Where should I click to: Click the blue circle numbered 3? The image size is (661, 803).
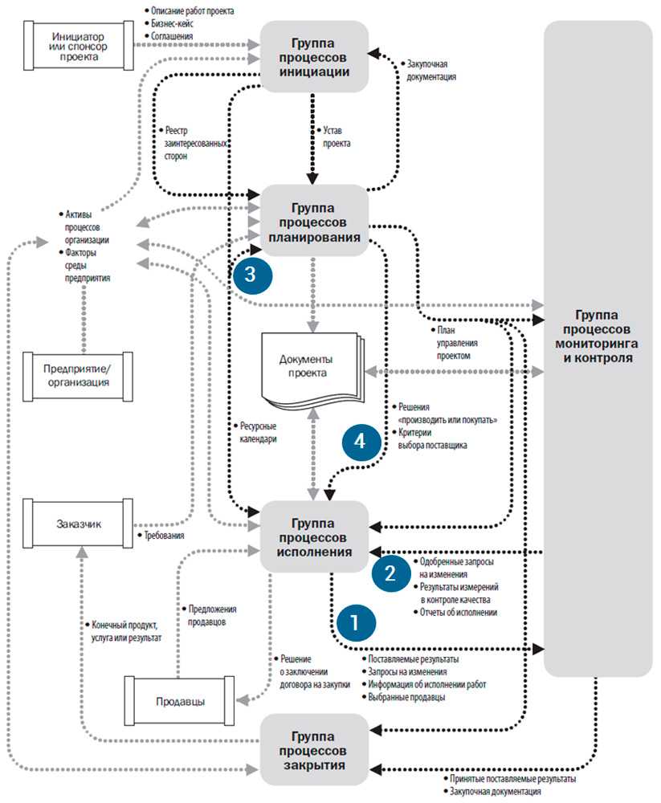pyautogui.click(x=253, y=274)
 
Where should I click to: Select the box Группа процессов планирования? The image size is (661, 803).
pyautogui.click(x=314, y=221)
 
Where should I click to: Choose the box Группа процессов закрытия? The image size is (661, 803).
pyautogui.click(x=314, y=750)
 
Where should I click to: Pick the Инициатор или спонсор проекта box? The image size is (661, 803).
pyautogui.click(x=78, y=46)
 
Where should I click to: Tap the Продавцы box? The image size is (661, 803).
pyautogui.click(x=179, y=701)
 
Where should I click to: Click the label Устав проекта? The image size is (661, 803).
pyautogui.click(x=337, y=137)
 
